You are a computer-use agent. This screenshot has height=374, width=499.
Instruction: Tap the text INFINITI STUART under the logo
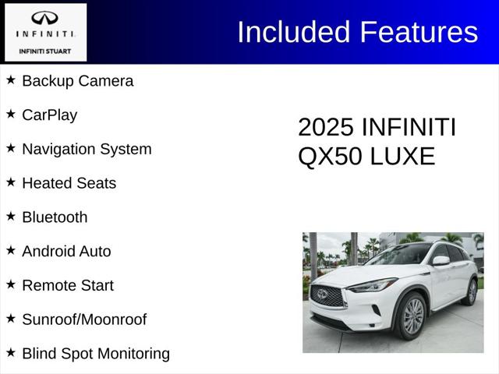[44, 51]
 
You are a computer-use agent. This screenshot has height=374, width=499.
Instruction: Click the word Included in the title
[294, 32]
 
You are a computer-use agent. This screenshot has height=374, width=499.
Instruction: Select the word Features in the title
[419, 32]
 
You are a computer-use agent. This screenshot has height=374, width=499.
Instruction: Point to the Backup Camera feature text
[77, 81]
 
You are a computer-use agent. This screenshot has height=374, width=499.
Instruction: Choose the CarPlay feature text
[49, 115]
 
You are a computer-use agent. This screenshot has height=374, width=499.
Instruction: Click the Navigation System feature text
[87, 149]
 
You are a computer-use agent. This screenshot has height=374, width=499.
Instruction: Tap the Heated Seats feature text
[69, 183]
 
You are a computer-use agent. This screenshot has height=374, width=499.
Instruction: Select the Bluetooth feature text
[55, 217]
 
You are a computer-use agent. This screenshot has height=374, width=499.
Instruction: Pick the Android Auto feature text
[66, 252]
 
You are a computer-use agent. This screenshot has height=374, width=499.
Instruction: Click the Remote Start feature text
[68, 285]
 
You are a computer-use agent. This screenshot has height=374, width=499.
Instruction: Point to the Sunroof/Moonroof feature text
[84, 319]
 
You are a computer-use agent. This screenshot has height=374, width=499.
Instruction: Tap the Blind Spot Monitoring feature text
[96, 354]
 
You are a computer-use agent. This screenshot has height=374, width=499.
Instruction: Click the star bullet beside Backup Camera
[11, 79]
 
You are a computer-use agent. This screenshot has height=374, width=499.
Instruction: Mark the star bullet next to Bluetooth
[11, 216]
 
